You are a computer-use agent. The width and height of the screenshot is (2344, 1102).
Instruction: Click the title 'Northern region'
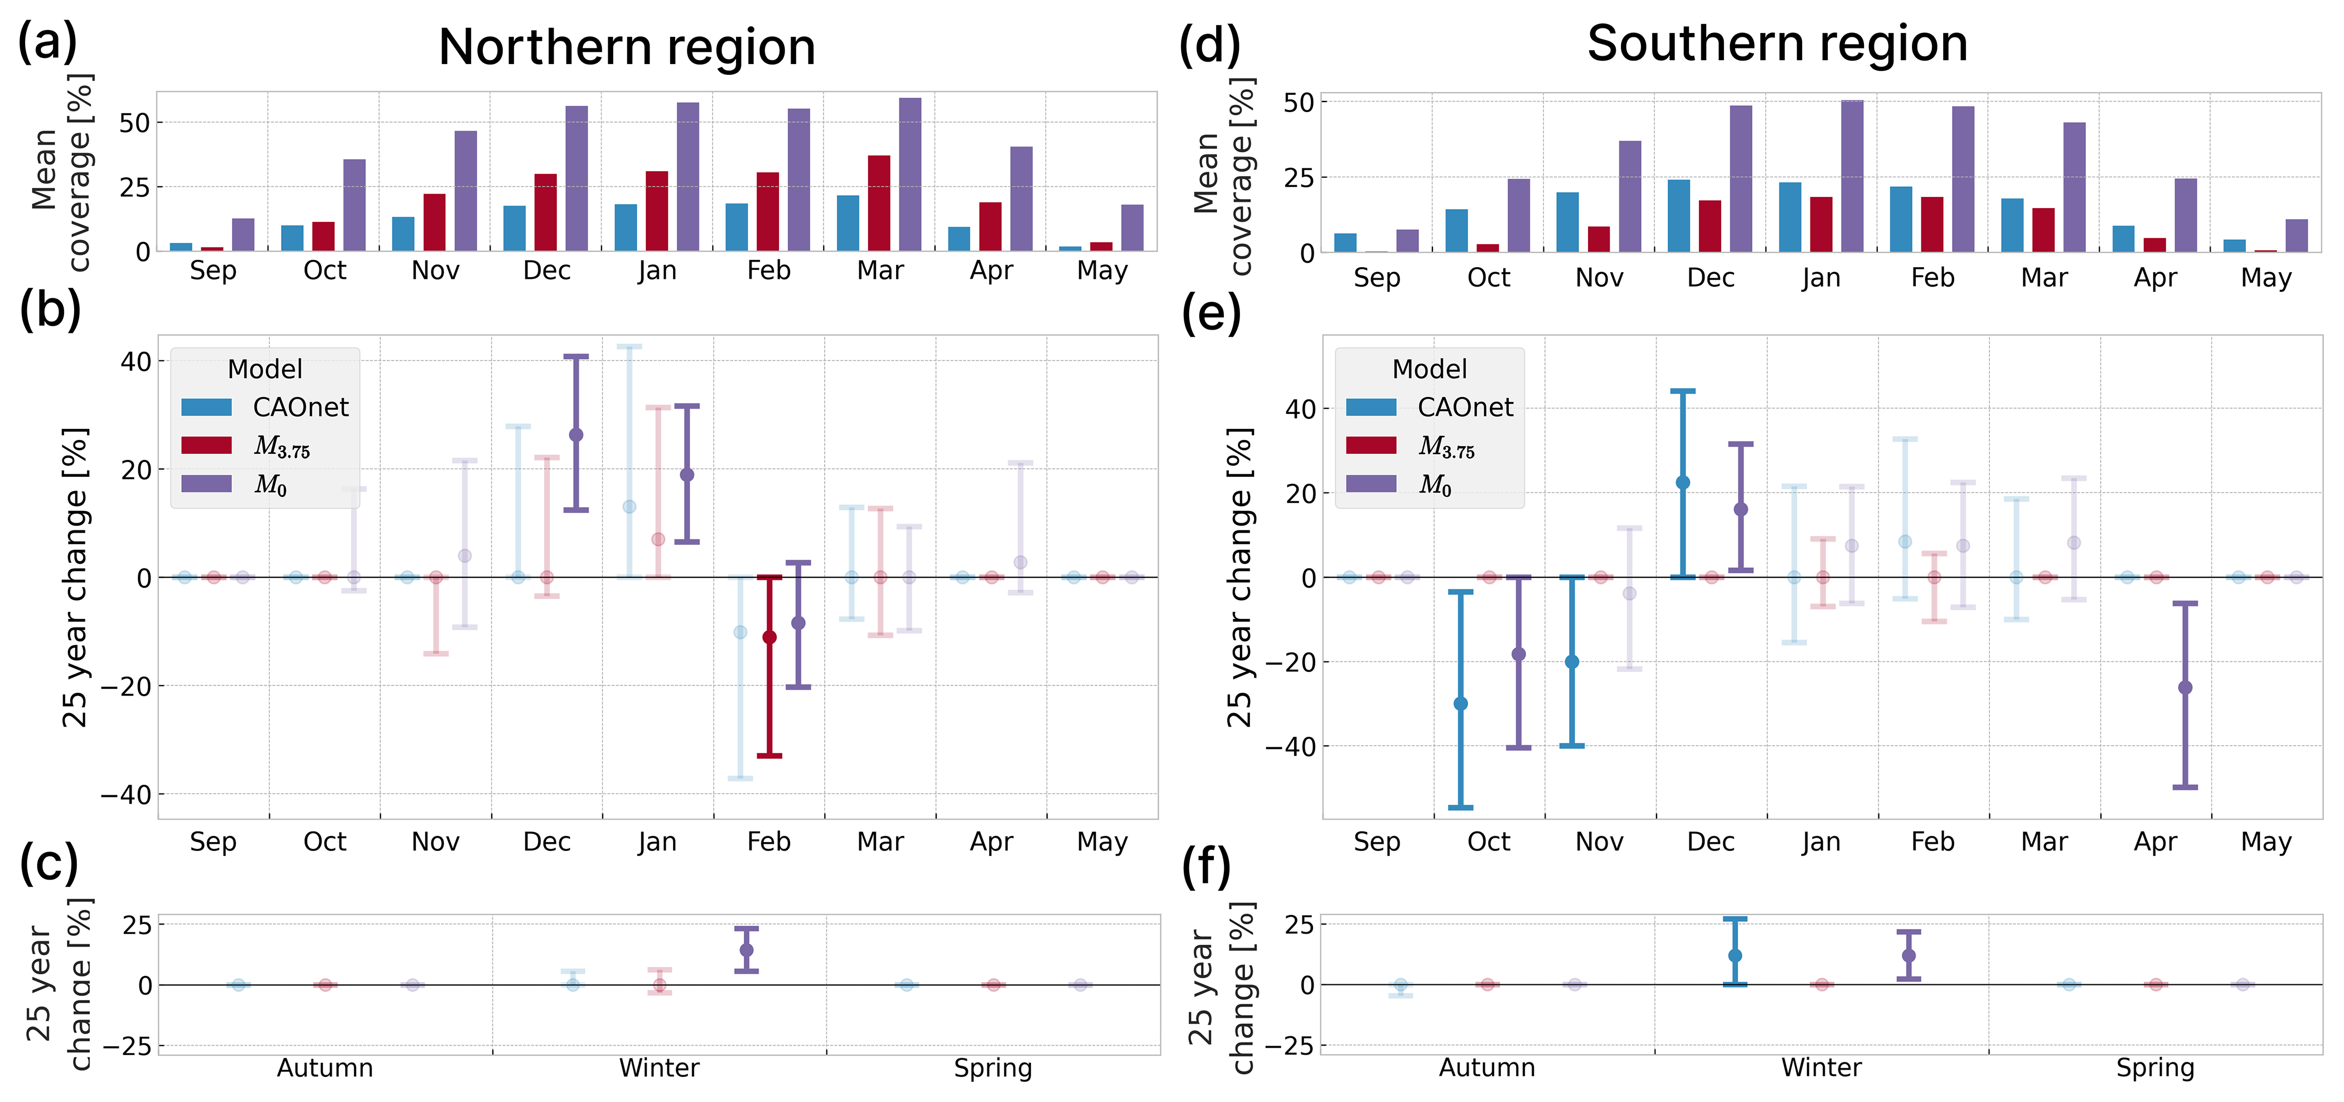626,47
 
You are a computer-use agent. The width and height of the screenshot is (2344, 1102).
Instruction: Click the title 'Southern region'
1776,43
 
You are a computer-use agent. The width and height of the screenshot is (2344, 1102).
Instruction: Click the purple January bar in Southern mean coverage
1852,176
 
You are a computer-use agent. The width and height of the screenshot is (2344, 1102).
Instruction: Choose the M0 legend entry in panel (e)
1435,484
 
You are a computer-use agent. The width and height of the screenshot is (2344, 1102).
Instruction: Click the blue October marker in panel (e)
1460,703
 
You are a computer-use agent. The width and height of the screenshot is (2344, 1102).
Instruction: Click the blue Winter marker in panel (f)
1735,955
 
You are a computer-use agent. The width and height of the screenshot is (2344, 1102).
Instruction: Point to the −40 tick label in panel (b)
125,794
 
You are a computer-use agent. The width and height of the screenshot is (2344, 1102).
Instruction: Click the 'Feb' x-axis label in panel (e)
1933,842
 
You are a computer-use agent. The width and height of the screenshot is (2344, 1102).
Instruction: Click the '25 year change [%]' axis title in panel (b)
75,577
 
